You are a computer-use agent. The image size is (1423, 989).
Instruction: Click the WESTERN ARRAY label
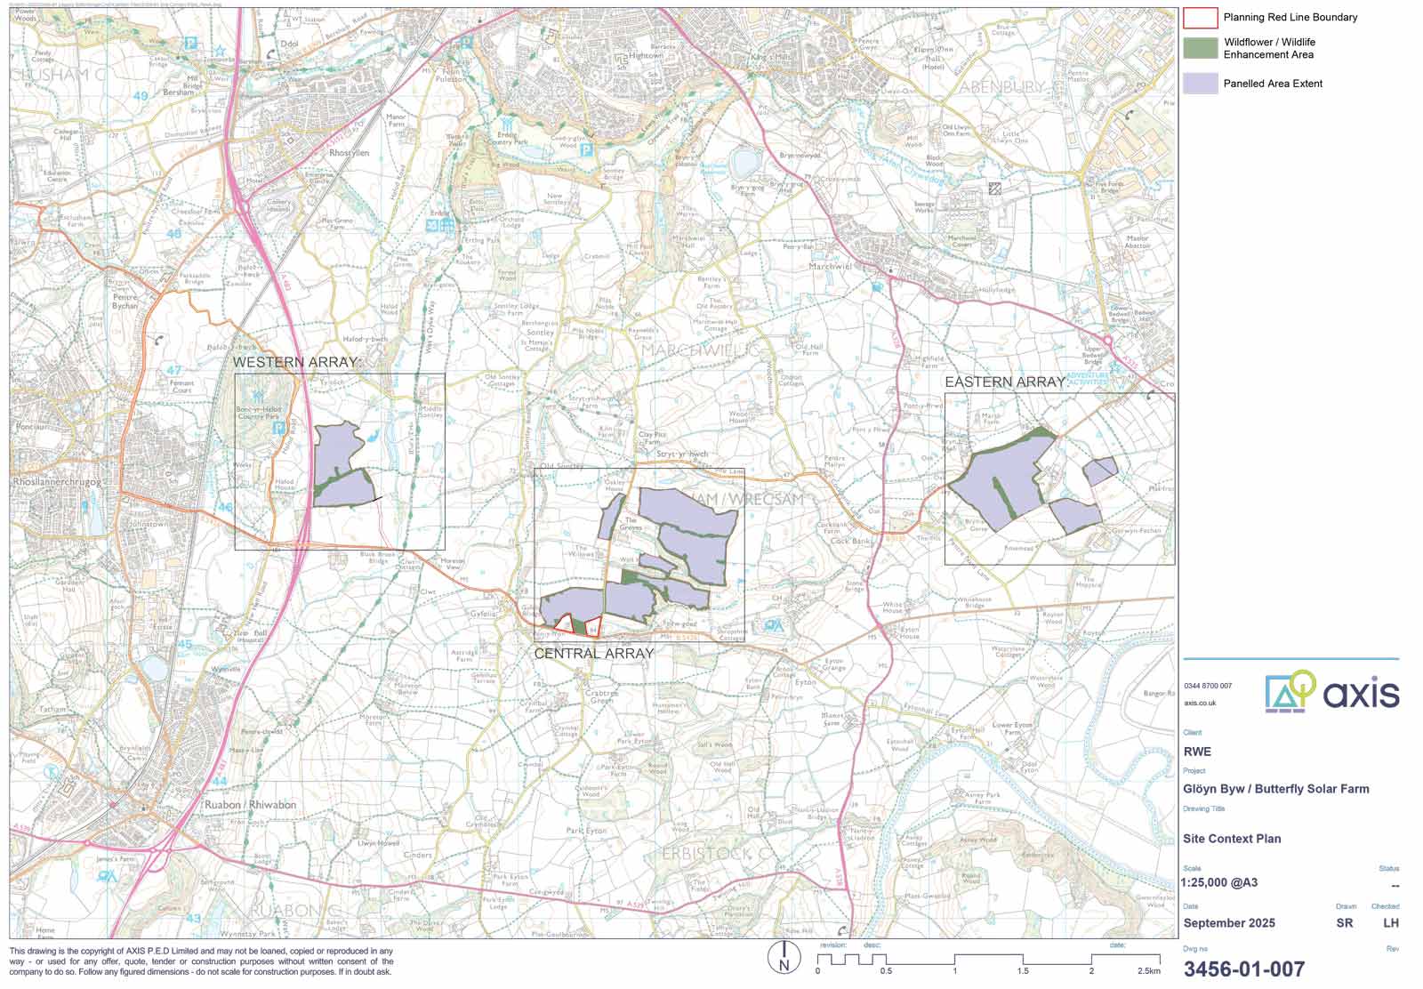[x=295, y=363]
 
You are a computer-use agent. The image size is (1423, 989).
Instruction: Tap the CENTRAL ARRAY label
[x=594, y=654]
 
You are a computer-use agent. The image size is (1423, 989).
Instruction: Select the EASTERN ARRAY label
[x=1005, y=382]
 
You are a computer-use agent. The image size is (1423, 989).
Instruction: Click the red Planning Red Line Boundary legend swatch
[x=1200, y=17]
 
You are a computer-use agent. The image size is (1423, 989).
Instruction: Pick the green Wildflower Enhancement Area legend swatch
[x=1200, y=48]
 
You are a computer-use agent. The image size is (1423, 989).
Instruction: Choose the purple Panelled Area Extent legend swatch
[x=1200, y=83]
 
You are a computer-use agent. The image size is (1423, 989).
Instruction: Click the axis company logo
[x=1331, y=692]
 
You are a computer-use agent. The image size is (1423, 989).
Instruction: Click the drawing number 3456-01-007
[x=1244, y=969]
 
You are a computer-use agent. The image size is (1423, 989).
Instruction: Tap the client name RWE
[x=1197, y=752]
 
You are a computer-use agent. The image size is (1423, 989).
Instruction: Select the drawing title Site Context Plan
[x=1232, y=839]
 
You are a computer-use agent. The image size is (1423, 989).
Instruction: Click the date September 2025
[x=1229, y=923]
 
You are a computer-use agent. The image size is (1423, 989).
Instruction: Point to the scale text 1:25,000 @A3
[x=1219, y=883]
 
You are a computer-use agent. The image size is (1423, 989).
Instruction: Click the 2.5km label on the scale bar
[x=1148, y=970]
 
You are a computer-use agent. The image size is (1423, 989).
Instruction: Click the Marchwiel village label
[x=831, y=266]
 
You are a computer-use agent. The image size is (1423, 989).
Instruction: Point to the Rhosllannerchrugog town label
[x=58, y=482]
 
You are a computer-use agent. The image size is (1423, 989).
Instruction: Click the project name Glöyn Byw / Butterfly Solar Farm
[x=1276, y=789]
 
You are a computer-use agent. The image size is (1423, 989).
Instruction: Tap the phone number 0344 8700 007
[x=1208, y=686]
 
